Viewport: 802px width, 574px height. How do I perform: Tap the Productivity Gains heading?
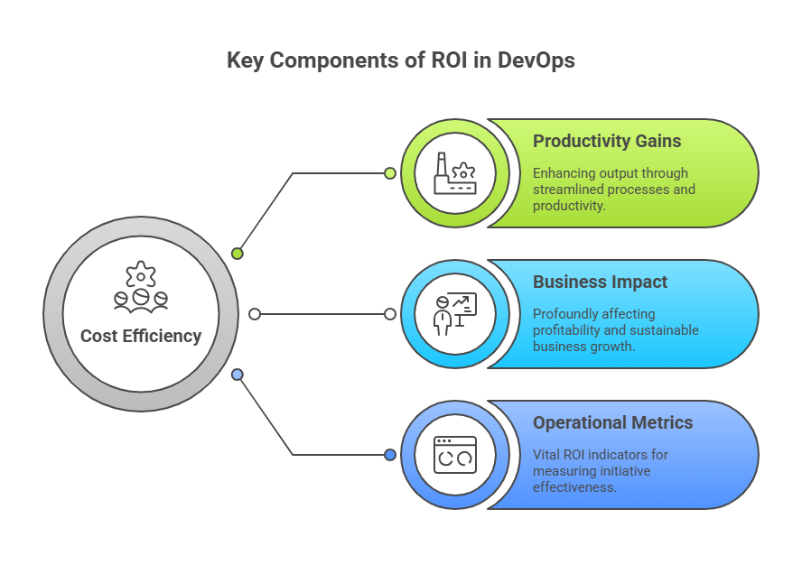[x=607, y=141]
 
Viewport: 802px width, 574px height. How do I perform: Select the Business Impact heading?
[x=601, y=282]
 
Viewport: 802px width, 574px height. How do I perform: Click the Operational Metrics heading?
[x=613, y=422]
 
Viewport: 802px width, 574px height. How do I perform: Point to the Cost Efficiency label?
[x=141, y=336]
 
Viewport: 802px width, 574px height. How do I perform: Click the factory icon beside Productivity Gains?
[x=454, y=173]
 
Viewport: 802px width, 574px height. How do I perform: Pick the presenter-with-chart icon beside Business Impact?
[x=454, y=314]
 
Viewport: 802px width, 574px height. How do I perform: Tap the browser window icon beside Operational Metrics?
[x=454, y=455]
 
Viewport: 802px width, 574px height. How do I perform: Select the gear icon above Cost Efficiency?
[x=141, y=274]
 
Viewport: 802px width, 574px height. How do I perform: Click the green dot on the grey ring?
[x=238, y=254]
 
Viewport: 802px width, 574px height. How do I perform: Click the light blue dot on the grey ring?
[x=238, y=375]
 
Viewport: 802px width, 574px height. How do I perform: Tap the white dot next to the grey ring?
[x=255, y=314]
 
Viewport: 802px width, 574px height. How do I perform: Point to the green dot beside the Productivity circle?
[x=390, y=173]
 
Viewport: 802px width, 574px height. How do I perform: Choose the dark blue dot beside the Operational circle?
[x=390, y=455]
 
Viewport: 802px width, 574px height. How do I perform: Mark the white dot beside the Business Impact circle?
[x=390, y=314]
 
